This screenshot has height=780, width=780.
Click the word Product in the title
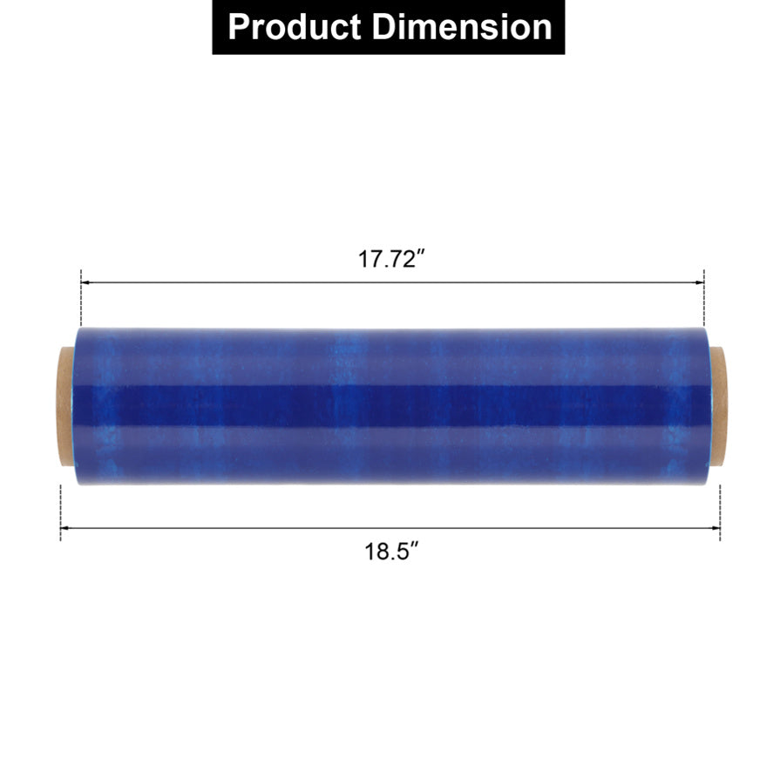pyautogui.click(x=294, y=26)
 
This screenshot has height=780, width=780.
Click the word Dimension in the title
pyautogui.click(x=462, y=26)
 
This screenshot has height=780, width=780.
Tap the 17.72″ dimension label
pyautogui.click(x=392, y=259)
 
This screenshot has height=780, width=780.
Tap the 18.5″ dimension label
pyautogui.click(x=392, y=551)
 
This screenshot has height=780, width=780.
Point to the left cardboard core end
pyautogui.click(x=64, y=406)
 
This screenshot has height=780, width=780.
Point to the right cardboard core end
pyautogui.click(x=717, y=406)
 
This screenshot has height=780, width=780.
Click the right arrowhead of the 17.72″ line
pyautogui.click(x=700, y=282)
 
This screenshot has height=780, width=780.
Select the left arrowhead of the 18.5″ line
pyautogui.click(x=64, y=528)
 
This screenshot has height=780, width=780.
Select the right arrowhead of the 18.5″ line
pyautogui.click(x=716, y=528)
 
